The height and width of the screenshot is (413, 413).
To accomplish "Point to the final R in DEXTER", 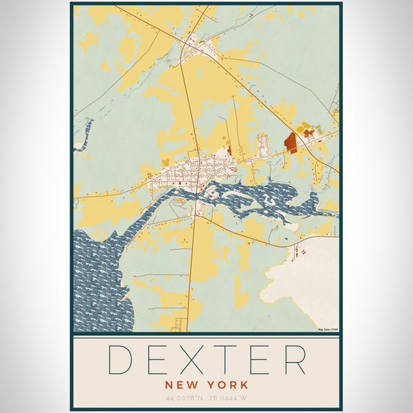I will tap(295, 359).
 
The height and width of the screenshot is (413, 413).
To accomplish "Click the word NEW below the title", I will tap(182, 384).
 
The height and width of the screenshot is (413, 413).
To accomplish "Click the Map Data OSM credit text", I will tap(328, 330).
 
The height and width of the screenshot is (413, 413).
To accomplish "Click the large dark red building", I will tap(290, 142).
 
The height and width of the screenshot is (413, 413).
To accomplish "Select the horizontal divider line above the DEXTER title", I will tap(206, 334).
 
